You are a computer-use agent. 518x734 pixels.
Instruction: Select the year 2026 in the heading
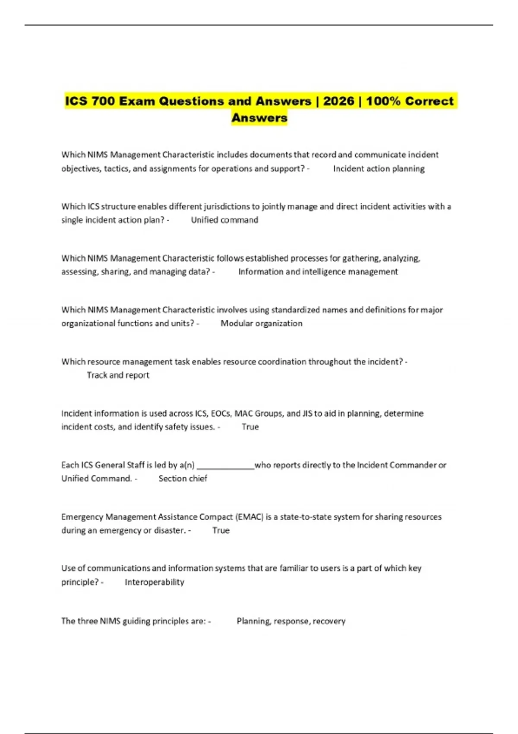tap(338, 101)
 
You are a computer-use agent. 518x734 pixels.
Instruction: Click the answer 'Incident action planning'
tap(379, 169)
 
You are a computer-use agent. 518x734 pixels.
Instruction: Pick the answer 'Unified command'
tap(224, 220)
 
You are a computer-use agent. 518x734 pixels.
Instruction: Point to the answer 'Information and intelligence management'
tap(318, 272)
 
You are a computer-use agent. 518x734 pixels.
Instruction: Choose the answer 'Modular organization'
tap(261, 323)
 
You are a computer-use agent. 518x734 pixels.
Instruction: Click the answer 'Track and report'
tap(118, 375)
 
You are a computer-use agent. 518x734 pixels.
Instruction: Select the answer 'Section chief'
tap(183, 479)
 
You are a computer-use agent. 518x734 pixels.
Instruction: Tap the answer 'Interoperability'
tap(154, 582)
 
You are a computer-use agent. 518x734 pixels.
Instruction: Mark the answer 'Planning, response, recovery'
tap(291, 621)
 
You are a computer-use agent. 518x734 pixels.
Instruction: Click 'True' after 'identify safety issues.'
tap(250, 427)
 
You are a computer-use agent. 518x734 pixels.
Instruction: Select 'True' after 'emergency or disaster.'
tap(221, 531)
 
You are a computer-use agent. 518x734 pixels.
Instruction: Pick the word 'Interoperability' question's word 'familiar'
tap(293, 568)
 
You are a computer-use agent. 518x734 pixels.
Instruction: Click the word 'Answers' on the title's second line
tap(259, 118)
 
